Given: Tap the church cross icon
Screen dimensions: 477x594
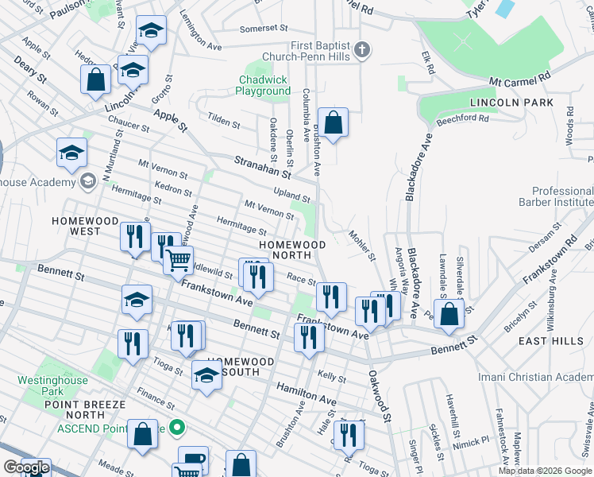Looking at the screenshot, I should point(362,51).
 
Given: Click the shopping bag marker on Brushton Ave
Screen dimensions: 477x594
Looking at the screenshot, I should point(334,123).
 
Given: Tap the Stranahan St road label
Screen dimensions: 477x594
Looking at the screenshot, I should point(263,166).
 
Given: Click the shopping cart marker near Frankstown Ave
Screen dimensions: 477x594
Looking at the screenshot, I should point(179,259).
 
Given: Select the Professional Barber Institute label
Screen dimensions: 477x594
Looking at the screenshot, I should point(562,197).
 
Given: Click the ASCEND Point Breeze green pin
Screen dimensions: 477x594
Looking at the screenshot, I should point(178,429).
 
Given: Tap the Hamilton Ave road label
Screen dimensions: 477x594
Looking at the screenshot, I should point(301,394).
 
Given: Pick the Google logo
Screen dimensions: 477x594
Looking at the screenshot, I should point(26,467).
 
